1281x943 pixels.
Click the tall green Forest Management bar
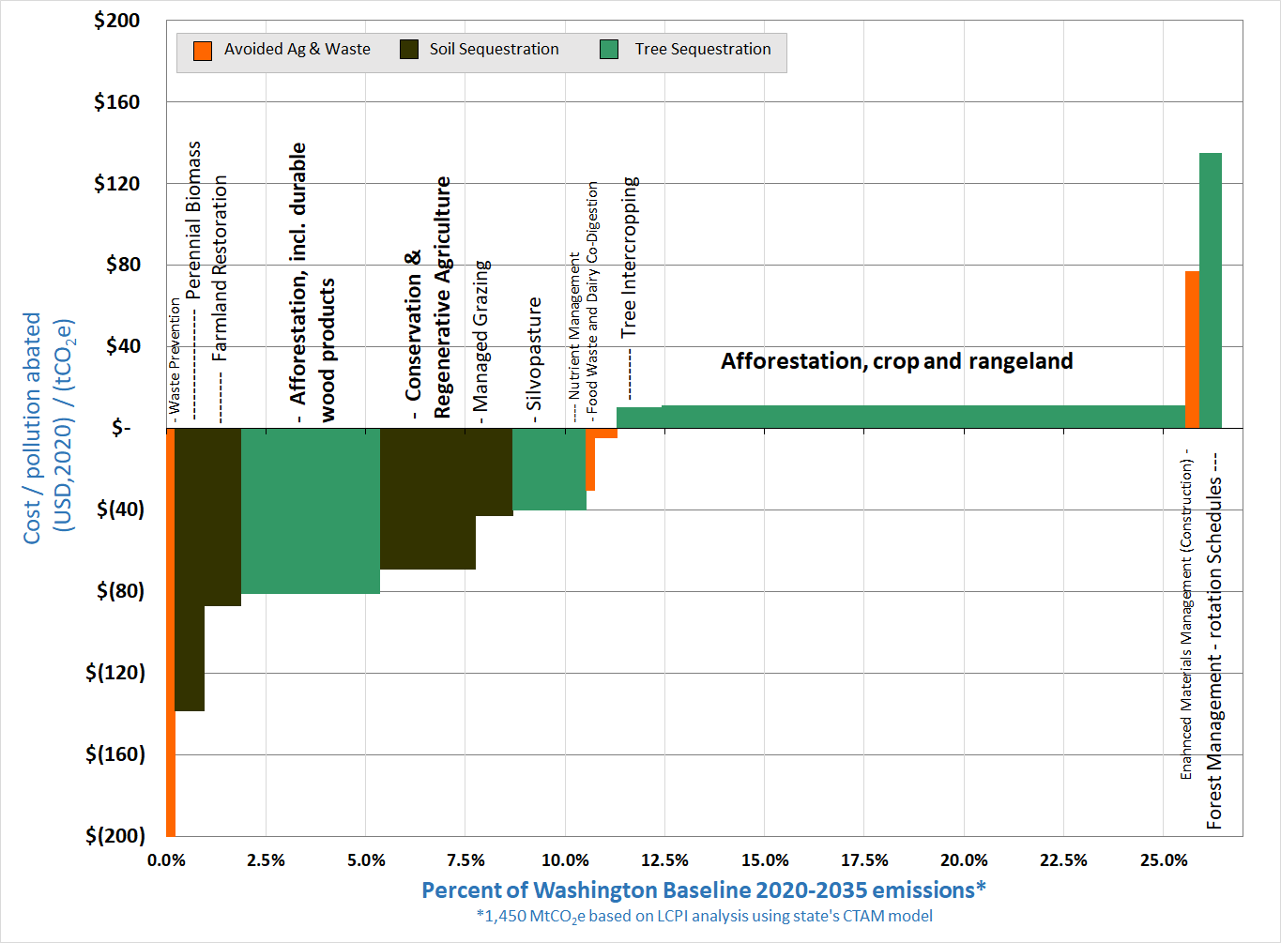click(1210, 290)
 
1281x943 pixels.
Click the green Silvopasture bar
click(549, 469)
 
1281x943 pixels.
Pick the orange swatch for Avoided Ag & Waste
click(203, 51)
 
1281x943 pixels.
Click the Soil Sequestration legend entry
click(494, 50)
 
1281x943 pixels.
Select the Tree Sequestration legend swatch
click(609, 51)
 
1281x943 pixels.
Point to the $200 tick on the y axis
click(116, 21)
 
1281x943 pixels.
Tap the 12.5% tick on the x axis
click(664, 860)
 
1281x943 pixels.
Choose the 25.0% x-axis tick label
click(1164, 860)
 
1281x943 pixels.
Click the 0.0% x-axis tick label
click(167, 860)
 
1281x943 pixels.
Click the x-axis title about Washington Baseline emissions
click(704, 890)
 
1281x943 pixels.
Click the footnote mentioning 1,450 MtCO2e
click(704, 916)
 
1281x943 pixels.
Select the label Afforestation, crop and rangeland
click(896, 361)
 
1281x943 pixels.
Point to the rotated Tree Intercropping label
click(629, 257)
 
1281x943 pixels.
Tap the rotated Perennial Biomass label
click(193, 220)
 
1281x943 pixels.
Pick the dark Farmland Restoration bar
click(222, 516)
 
